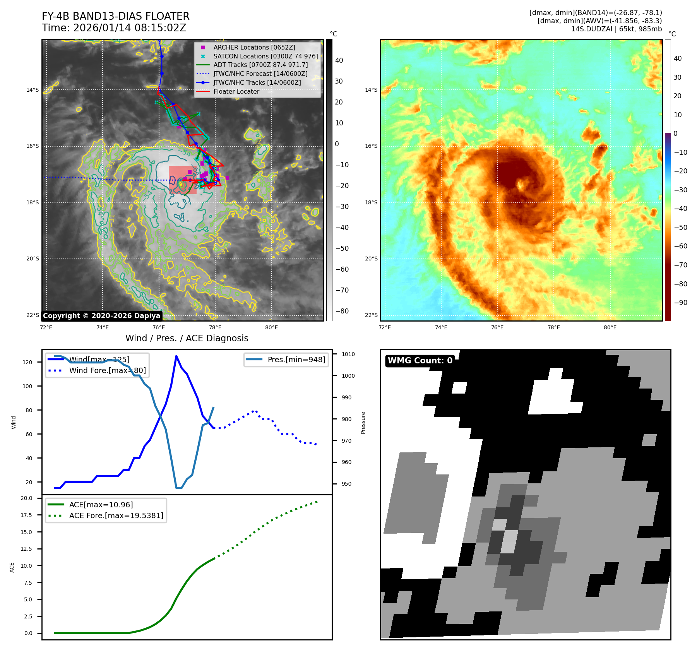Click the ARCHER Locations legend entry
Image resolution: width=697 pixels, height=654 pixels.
254,47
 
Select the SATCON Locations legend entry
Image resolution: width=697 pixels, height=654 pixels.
265,56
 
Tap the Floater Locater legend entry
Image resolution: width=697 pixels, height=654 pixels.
236,91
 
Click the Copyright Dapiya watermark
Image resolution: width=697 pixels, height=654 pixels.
101,316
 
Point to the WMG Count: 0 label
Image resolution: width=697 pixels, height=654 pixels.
420,361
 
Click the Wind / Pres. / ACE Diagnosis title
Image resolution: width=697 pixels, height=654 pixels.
187,338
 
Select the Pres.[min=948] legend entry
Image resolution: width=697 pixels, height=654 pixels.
296,360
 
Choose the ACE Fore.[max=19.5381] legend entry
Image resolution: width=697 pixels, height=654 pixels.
116,515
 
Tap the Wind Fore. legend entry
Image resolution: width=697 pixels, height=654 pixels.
107,370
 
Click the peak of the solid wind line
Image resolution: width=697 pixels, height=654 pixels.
176,356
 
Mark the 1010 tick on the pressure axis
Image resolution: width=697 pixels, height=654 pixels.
348,354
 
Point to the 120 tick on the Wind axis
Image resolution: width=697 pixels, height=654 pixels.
27,362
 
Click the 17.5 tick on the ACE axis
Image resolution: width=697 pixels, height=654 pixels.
26,515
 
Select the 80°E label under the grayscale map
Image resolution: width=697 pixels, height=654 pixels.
271,327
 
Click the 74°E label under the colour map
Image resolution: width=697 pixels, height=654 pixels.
441,327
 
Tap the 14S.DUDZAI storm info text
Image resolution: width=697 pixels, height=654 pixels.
616,29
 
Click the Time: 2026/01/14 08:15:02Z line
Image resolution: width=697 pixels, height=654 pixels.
114,28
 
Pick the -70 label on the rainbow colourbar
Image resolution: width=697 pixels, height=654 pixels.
680,265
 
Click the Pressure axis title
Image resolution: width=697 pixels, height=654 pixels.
363,423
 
